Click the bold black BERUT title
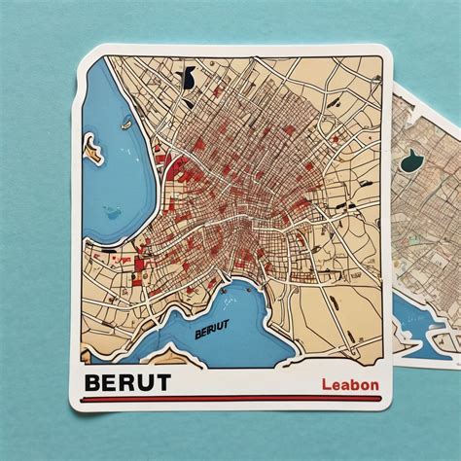click(x=127, y=381)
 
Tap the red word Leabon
click(x=349, y=384)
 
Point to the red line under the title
click(x=233, y=399)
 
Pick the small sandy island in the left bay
click(x=93, y=149)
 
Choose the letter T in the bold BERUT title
click(x=161, y=381)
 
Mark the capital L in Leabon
click(x=325, y=384)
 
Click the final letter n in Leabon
click(x=374, y=385)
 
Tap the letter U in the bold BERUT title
click(x=144, y=381)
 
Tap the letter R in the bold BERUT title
click(x=126, y=381)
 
